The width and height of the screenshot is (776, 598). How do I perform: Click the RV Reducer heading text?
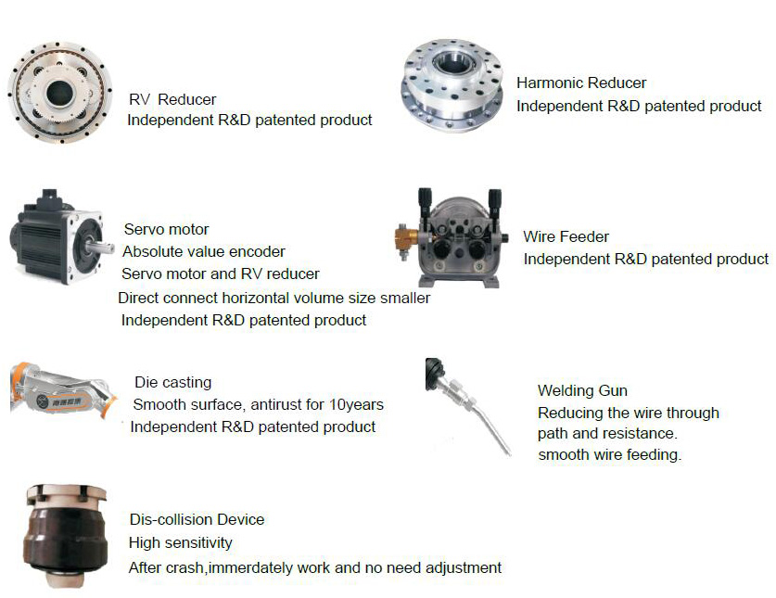coord(172,99)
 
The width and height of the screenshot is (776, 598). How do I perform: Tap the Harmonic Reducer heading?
coord(581,83)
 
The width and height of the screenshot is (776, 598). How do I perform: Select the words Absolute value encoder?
coord(204,251)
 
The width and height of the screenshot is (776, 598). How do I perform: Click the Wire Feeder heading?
coord(566,236)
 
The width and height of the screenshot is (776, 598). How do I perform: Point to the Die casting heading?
coord(172,382)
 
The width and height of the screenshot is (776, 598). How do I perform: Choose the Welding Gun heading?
coord(582,390)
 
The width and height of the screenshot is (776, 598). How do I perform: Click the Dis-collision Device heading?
coord(197,519)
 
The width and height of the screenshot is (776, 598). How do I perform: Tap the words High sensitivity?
coord(180,543)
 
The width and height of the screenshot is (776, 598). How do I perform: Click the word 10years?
coord(356,404)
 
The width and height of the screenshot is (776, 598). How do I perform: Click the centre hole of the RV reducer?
coord(60,93)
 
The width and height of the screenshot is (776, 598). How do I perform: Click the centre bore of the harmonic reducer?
coord(451,62)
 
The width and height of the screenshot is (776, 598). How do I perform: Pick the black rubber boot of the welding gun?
coord(434,374)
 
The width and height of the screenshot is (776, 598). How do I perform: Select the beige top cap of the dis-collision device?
coord(66,495)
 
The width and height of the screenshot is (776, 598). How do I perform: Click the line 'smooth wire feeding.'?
coord(610,455)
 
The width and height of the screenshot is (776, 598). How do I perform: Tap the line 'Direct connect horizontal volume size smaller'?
coord(274,298)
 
